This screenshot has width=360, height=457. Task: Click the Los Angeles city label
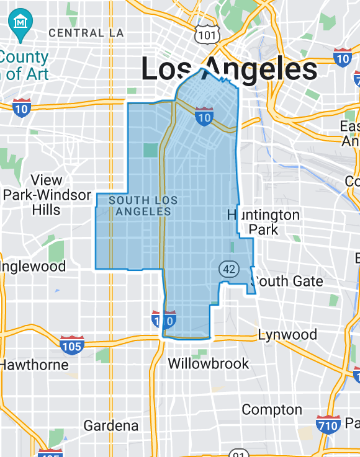(229, 69)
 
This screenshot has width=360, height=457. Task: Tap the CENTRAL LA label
(86, 32)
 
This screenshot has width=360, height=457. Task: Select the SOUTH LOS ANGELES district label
(143, 206)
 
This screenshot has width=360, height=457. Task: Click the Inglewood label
(34, 267)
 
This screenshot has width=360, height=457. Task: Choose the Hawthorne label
(34, 365)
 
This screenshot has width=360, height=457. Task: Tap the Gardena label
(111, 426)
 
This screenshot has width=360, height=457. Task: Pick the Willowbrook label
(209, 363)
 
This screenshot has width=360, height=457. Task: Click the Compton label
(272, 410)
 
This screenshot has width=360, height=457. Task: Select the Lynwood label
(287, 335)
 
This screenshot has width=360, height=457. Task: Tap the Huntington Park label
(264, 222)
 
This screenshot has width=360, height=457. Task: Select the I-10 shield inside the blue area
(204, 116)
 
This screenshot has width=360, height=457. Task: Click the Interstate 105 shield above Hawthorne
(72, 345)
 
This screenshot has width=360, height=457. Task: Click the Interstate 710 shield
(327, 425)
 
